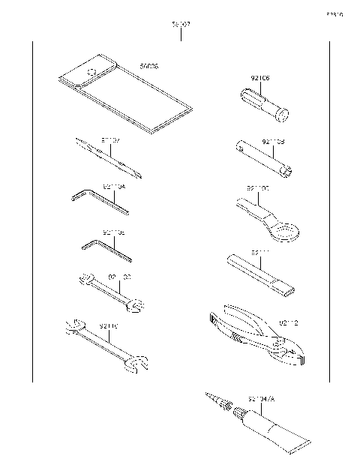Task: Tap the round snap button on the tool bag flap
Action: [91, 72]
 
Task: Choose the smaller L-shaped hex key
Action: [105, 248]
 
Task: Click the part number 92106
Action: [260, 77]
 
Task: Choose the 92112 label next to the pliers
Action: [289, 323]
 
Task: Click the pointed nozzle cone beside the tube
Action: [213, 401]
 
